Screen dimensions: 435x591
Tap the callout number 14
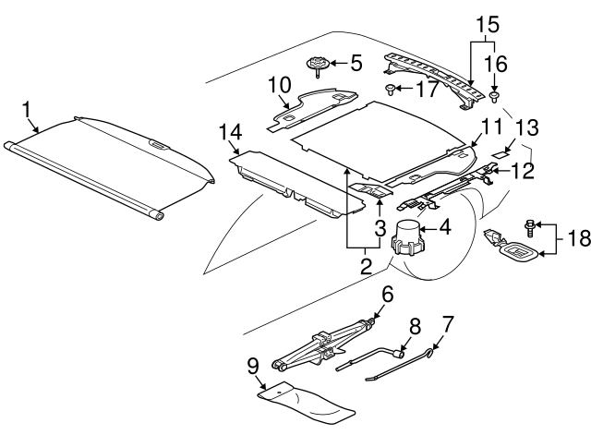[x=231, y=134]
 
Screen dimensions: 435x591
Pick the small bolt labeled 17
[x=392, y=90]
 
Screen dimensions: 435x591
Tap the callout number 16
[x=496, y=64]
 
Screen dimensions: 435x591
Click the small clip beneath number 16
[x=496, y=94]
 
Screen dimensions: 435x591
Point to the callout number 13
[x=526, y=128]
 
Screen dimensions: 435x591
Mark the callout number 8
[x=414, y=326]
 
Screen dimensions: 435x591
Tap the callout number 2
[x=365, y=268]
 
